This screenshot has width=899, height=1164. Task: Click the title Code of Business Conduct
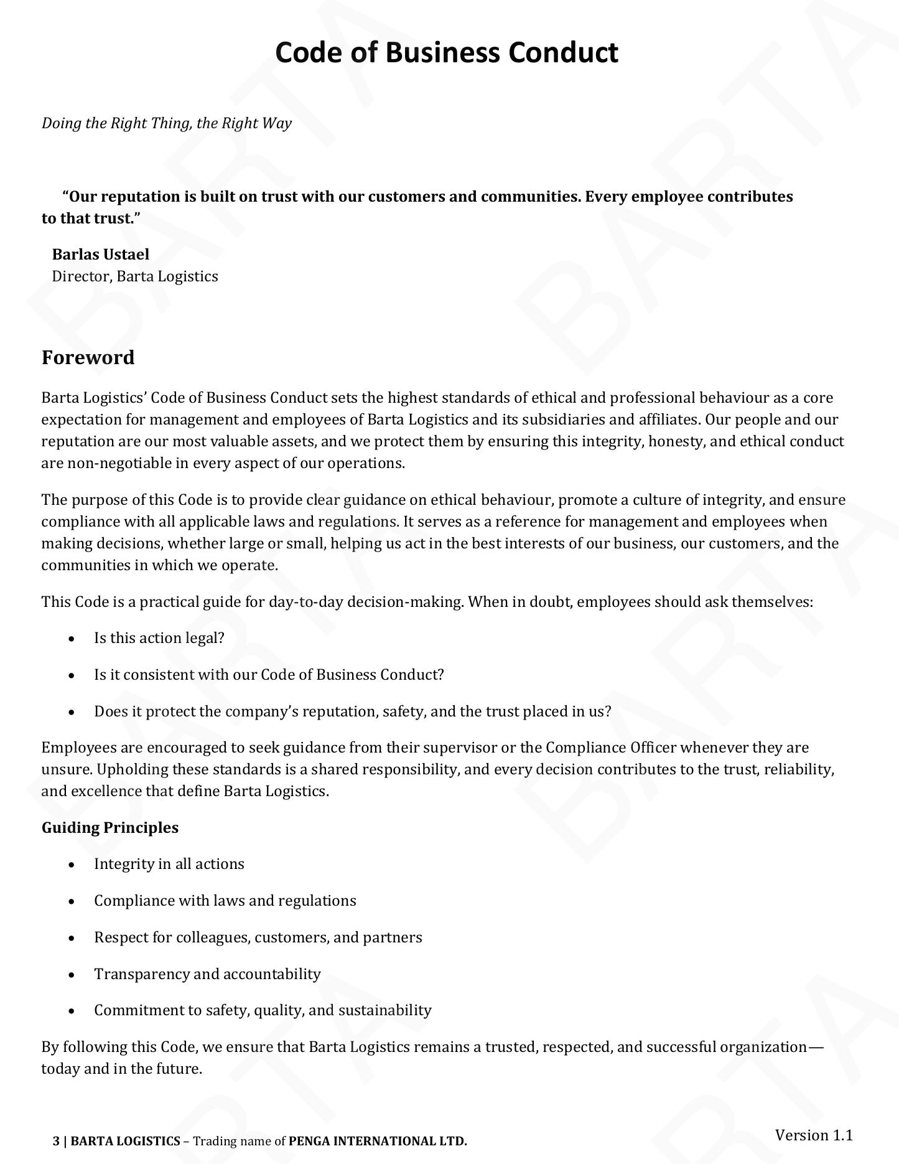tap(447, 53)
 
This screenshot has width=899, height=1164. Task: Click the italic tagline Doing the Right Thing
tap(166, 123)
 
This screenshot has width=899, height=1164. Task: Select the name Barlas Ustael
tap(101, 254)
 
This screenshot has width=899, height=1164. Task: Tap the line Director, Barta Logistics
tap(135, 276)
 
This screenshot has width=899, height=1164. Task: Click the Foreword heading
tap(88, 357)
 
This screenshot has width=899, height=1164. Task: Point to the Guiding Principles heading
tap(110, 827)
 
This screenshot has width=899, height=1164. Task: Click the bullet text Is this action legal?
tap(159, 638)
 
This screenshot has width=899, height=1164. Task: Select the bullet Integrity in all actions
tap(169, 864)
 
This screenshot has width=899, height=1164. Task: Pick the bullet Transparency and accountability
tap(207, 974)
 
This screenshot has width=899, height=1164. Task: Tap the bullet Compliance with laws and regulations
tap(225, 901)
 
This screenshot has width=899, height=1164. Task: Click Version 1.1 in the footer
tap(813, 1135)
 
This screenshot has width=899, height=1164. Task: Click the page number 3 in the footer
tap(56, 1141)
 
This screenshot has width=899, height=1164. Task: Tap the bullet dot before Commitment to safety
tap(73, 1011)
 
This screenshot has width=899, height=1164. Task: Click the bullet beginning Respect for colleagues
tap(258, 937)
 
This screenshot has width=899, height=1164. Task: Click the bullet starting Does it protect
tap(353, 711)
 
